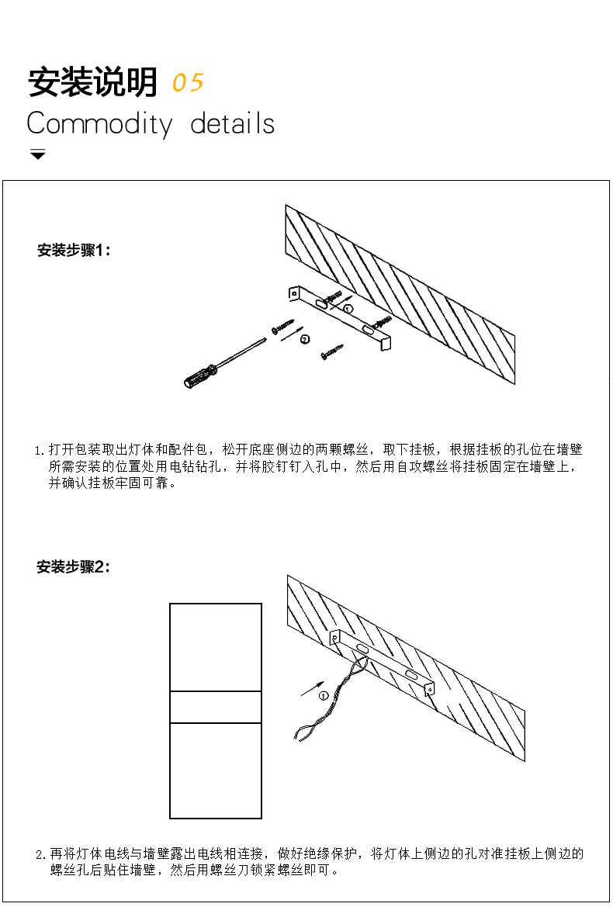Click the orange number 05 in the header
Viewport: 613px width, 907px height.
(188, 82)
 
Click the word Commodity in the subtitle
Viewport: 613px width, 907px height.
(99, 124)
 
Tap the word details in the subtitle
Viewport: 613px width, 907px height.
(232, 124)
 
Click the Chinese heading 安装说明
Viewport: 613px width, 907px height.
(92, 82)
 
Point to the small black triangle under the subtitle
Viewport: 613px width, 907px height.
(38, 154)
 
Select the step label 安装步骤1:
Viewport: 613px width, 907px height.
(74, 251)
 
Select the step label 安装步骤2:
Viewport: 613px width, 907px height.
(74, 567)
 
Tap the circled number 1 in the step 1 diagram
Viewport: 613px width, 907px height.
(348, 309)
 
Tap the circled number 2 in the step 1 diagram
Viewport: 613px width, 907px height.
(304, 339)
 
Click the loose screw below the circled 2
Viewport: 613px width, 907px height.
(331, 354)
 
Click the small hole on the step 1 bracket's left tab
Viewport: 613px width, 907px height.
(294, 293)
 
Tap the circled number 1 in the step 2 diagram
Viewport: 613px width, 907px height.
(324, 695)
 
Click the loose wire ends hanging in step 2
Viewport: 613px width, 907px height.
(303, 730)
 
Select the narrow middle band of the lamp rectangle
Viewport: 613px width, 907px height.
(216, 707)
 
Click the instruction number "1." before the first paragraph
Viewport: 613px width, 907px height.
(40, 450)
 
